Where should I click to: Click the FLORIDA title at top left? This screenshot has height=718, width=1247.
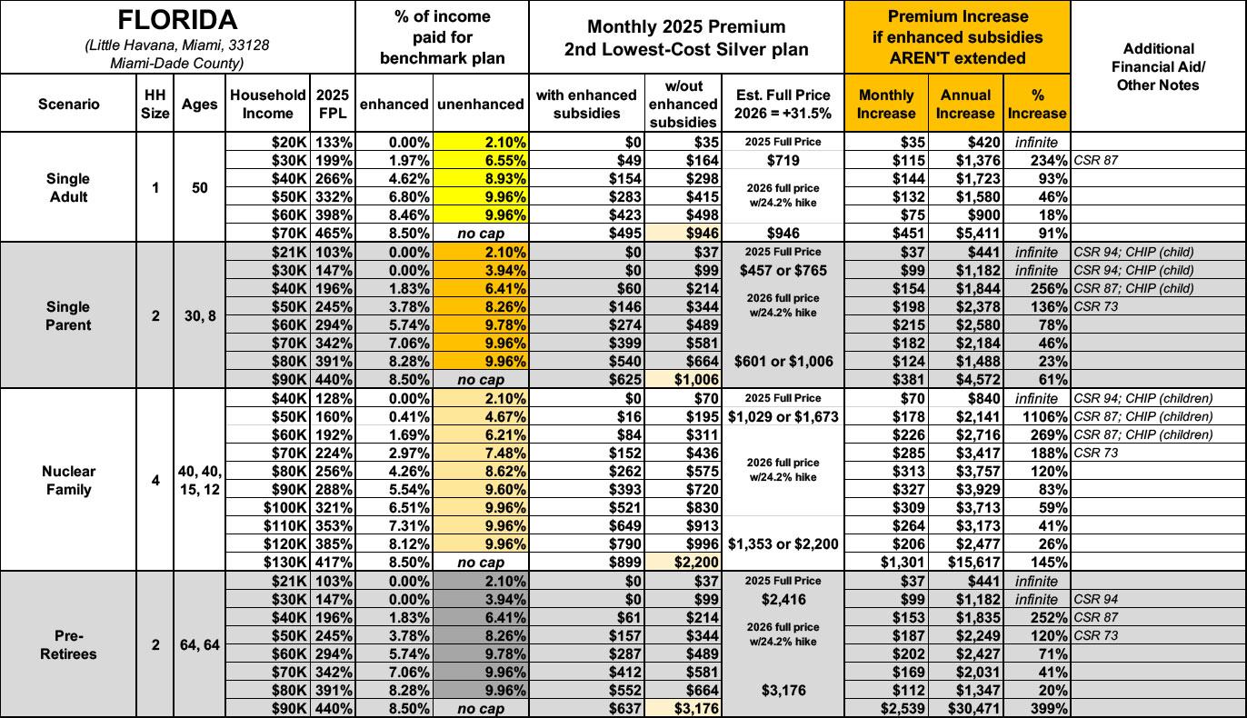pyautogui.click(x=177, y=20)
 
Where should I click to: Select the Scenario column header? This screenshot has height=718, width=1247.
pyautogui.click(x=69, y=104)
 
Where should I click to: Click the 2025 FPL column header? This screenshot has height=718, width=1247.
pyautogui.click(x=332, y=104)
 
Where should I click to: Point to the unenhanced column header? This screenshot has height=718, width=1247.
pyautogui.click(x=480, y=104)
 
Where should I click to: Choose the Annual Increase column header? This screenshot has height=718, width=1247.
pyautogui.click(x=965, y=104)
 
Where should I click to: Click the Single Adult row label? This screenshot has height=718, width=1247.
pyautogui.click(x=69, y=188)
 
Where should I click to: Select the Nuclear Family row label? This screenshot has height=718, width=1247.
pyautogui.click(x=69, y=480)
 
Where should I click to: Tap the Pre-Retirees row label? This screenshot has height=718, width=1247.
pyautogui.click(x=69, y=644)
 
